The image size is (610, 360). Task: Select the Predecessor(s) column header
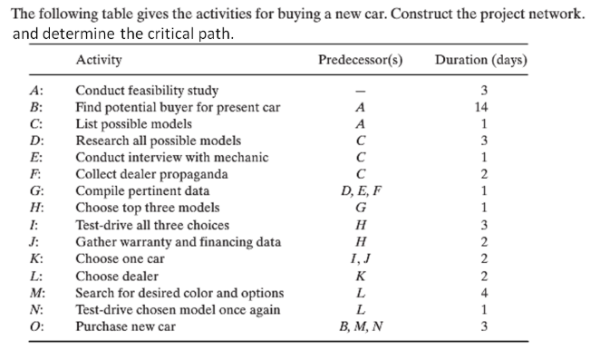(x=361, y=60)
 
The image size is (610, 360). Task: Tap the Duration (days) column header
(x=481, y=60)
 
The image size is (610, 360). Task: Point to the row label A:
(x=36, y=91)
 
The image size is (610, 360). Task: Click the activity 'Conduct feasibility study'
(x=146, y=91)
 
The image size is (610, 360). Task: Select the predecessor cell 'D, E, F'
(x=361, y=191)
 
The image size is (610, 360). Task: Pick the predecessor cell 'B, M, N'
(x=361, y=326)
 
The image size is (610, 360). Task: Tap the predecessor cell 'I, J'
(x=361, y=258)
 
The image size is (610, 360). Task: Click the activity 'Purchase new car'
(x=125, y=326)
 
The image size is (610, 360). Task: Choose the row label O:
(x=36, y=326)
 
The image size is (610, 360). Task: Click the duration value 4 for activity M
(x=484, y=293)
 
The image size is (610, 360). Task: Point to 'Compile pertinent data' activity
(x=142, y=191)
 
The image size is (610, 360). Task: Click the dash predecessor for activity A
(x=361, y=91)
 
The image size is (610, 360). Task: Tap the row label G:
(x=36, y=191)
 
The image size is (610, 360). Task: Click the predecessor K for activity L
(x=361, y=276)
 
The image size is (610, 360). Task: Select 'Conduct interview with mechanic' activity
(x=171, y=158)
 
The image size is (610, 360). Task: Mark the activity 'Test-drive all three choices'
(x=151, y=225)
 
